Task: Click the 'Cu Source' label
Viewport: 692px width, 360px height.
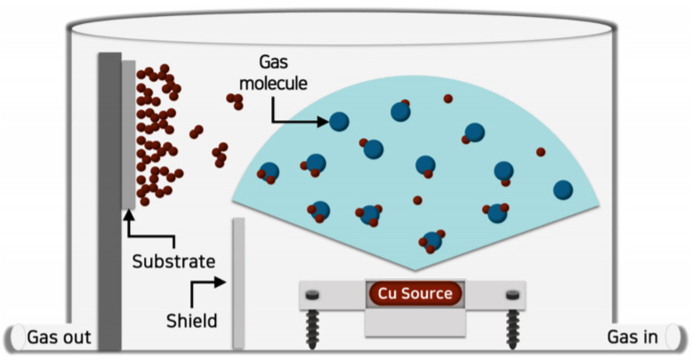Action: (414, 293)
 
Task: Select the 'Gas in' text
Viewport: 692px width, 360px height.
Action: (633, 337)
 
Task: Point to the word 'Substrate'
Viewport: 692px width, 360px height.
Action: (173, 261)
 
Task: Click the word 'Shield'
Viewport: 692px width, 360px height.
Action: (191, 318)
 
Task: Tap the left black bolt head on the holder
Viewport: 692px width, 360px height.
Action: (313, 295)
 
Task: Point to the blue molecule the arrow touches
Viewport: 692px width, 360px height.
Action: (339, 121)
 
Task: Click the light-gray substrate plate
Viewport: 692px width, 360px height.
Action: (129, 133)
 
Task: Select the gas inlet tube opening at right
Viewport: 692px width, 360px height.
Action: (680, 338)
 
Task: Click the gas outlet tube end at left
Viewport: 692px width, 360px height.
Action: (12, 338)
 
